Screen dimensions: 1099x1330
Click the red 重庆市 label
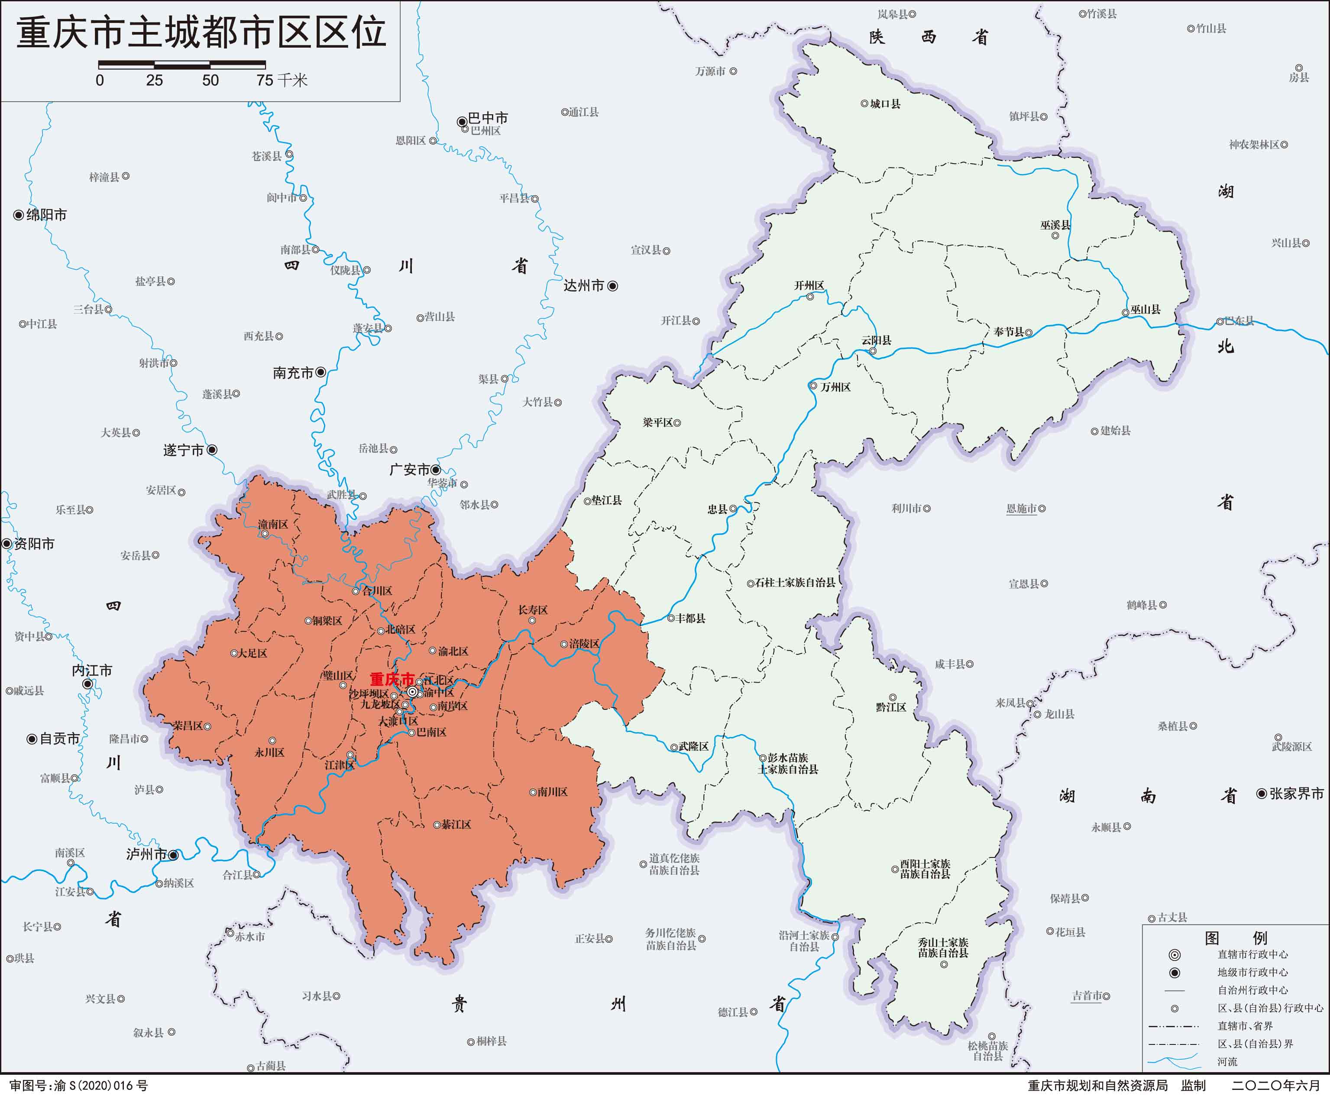pyautogui.click(x=392, y=679)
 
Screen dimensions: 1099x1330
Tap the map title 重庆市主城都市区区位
pyautogui.click(x=201, y=32)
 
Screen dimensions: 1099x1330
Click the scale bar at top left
pyautogui.click(x=182, y=64)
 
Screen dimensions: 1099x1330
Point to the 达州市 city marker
pyautogui.click(x=612, y=286)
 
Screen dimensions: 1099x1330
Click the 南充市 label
pyautogui.click(x=293, y=373)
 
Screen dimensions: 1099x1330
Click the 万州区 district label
pyautogui.click(x=835, y=387)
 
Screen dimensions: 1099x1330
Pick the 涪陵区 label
pyautogui.click(x=584, y=644)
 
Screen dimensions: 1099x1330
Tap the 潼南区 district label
pyautogui.click(x=273, y=524)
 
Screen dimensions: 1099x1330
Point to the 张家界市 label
pyautogui.click(x=1296, y=793)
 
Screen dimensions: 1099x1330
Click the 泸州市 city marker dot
pyautogui.click(x=173, y=854)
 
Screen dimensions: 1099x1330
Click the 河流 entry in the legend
pyautogui.click(x=1227, y=1062)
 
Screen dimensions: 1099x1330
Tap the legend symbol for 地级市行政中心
pyautogui.click(x=1174, y=972)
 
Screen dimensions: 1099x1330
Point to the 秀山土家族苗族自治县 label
pyautogui.click(x=943, y=948)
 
